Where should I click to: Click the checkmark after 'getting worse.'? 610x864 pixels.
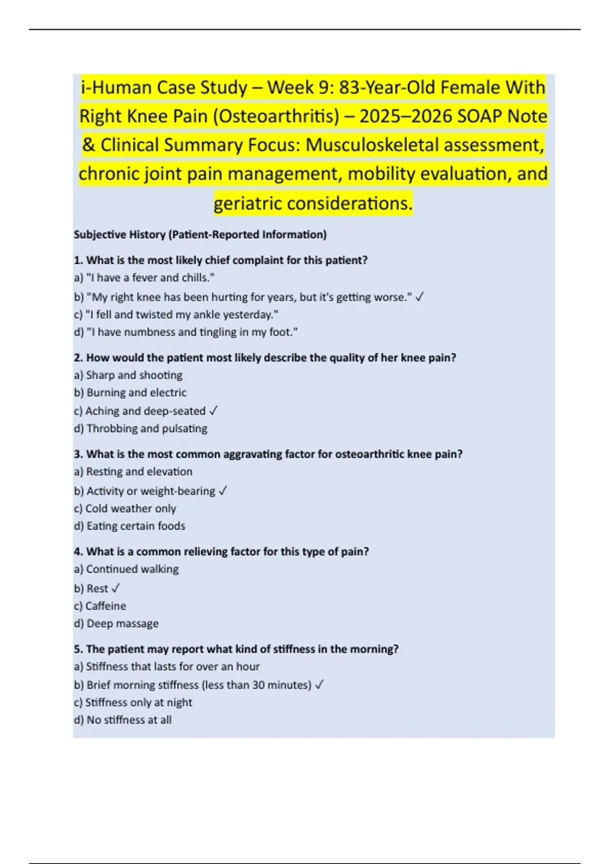pyautogui.click(x=419, y=297)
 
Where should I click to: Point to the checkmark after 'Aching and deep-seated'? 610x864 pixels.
pyautogui.click(x=213, y=411)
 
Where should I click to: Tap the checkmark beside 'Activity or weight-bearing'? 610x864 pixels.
pyautogui.click(x=223, y=491)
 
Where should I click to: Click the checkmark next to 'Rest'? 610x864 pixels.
pyautogui.click(x=115, y=589)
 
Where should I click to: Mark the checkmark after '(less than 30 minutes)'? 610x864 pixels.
pyautogui.click(x=319, y=685)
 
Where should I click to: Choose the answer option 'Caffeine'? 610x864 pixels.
pyautogui.click(x=106, y=606)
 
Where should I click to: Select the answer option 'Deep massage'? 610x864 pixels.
pyautogui.click(x=122, y=624)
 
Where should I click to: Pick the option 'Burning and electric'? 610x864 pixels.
pyautogui.click(x=136, y=393)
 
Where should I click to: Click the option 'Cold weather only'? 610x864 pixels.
pyautogui.click(x=131, y=509)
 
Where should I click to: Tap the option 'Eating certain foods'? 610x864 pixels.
pyautogui.click(x=135, y=526)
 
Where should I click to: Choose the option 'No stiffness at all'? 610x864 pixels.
pyautogui.click(x=129, y=720)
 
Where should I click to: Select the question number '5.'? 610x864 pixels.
pyautogui.click(x=78, y=649)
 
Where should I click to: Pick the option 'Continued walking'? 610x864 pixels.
pyautogui.click(x=132, y=569)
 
